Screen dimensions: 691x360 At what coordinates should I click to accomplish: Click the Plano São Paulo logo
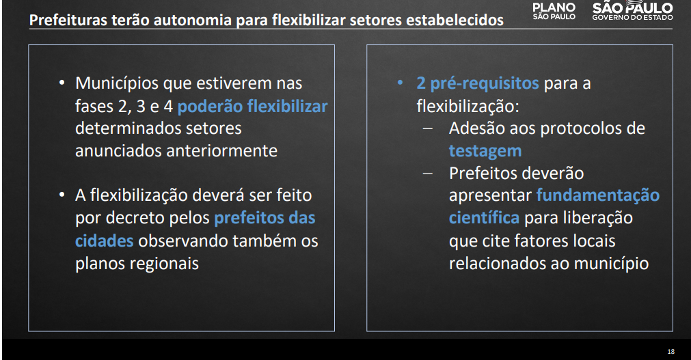point(554,12)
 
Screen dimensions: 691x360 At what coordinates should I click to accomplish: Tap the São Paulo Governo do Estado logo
point(632,10)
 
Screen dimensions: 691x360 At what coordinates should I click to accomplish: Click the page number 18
point(670,352)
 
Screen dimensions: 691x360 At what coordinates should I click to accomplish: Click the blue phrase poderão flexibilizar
point(252,106)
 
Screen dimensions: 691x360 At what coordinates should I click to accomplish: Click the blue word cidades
point(104,240)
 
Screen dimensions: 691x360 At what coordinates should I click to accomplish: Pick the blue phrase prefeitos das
point(265,218)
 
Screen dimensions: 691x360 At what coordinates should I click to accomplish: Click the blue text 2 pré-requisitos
point(478,83)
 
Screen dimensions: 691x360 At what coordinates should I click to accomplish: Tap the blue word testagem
point(485,151)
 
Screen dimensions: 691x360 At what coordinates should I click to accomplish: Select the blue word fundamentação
point(597,195)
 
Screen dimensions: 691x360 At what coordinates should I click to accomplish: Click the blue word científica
point(484,218)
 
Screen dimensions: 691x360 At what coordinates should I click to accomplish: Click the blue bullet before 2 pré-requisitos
point(400,83)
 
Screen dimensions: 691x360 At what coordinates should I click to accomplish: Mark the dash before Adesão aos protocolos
point(427,129)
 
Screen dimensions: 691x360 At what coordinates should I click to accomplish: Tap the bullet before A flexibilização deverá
point(62,195)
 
